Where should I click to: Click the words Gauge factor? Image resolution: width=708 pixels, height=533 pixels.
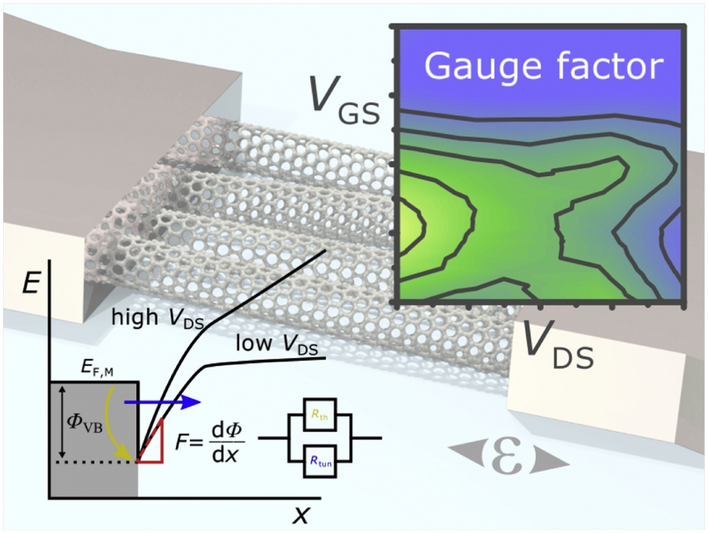(x=543, y=67)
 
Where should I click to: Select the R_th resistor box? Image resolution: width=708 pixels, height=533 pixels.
(x=320, y=414)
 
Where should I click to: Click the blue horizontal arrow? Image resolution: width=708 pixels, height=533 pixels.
(x=162, y=402)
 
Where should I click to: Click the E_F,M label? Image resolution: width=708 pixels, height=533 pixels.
(x=97, y=368)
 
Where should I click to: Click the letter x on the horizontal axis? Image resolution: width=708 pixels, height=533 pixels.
(x=301, y=515)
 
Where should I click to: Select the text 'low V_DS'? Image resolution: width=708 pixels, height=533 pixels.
(x=276, y=344)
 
